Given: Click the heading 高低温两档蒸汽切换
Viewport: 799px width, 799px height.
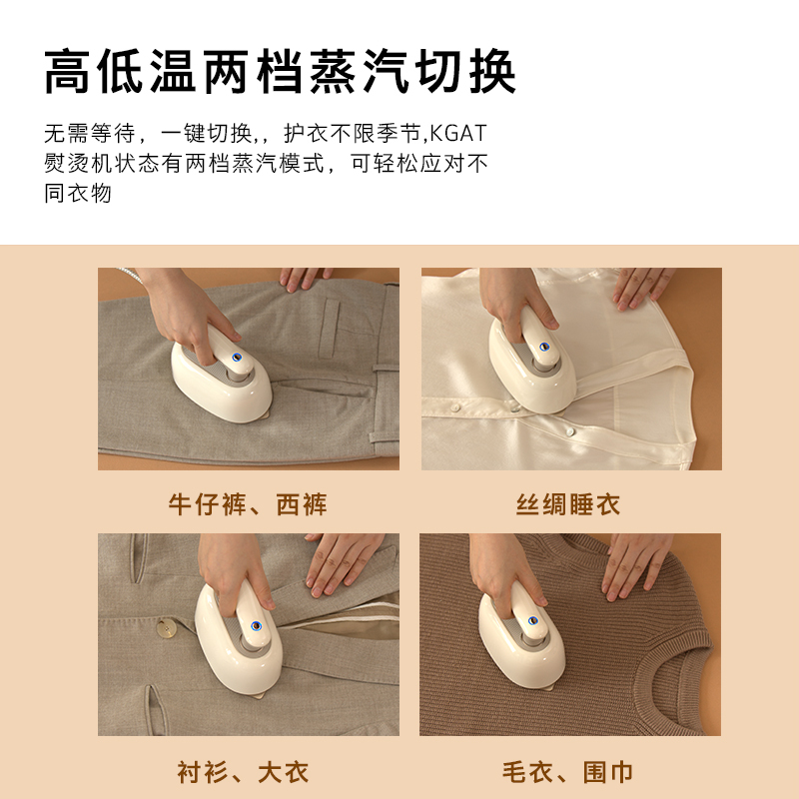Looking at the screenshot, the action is (x=281, y=71).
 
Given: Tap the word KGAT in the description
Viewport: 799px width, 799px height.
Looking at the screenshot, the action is (x=458, y=134).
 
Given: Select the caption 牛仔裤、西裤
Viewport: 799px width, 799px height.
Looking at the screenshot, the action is (x=248, y=504).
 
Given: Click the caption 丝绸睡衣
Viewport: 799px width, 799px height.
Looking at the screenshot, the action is (x=568, y=504).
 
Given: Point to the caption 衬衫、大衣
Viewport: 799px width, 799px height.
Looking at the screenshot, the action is (x=243, y=772).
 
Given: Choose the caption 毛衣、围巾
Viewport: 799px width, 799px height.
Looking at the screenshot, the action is (x=567, y=772).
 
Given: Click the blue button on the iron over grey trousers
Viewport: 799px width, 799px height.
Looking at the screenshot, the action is (x=237, y=357).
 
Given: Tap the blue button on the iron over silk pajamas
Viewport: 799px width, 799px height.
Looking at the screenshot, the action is (x=544, y=347).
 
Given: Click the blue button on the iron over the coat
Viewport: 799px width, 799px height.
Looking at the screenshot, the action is (x=257, y=626).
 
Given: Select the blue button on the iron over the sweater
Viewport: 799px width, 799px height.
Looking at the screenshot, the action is (x=532, y=620).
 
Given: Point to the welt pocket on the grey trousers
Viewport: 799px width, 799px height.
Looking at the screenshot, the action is (x=329, y=329).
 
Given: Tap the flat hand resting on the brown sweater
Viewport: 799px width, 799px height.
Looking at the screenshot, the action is (x=636, y=565).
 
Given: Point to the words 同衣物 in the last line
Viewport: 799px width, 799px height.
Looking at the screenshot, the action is (x=78, y=194).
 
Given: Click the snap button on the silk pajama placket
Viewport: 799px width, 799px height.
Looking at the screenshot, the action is (x=569, y=432).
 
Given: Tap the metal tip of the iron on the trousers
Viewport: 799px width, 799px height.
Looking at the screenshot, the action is (x=264, y=414).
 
